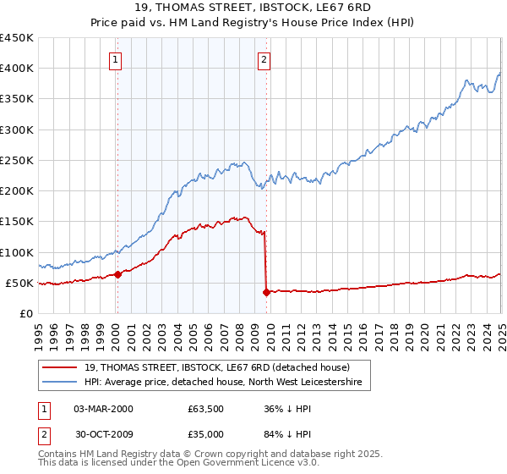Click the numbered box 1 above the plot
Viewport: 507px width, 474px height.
115,59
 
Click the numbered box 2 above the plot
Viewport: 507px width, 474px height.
264,59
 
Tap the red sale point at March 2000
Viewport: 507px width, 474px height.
118,274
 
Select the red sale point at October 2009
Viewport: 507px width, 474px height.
266,292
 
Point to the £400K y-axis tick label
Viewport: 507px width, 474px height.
17,69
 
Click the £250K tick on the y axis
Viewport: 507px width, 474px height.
17,160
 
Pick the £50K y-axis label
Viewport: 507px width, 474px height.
20,283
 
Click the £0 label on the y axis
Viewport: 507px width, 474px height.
27,313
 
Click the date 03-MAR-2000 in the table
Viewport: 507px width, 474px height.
103,409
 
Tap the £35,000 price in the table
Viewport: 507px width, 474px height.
206,438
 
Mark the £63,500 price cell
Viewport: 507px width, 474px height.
206,409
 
